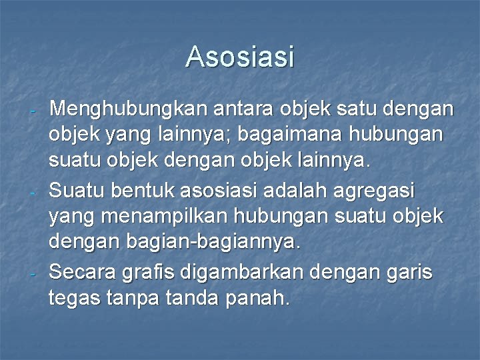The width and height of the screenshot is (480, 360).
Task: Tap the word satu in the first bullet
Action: tap(353, 108)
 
